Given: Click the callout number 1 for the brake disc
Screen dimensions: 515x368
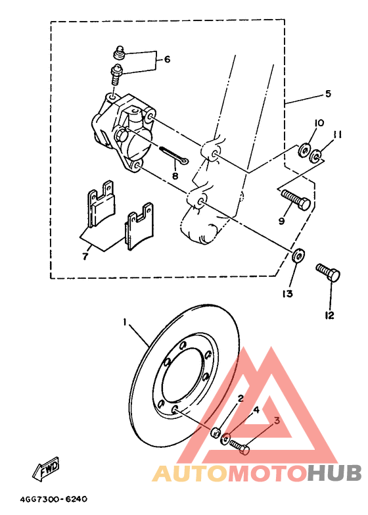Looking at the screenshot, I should click(124, 322).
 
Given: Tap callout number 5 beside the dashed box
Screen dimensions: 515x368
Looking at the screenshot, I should click(327, 94).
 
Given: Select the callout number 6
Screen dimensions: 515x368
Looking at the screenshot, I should click(167, 59).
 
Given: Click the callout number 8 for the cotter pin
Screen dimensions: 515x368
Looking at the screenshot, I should click(175, 176).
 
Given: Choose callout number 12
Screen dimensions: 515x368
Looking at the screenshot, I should click(329, 316).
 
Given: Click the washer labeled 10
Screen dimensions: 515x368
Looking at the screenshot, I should click(304, 151).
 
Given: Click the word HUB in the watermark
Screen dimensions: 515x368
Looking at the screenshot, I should click(334, 474).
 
